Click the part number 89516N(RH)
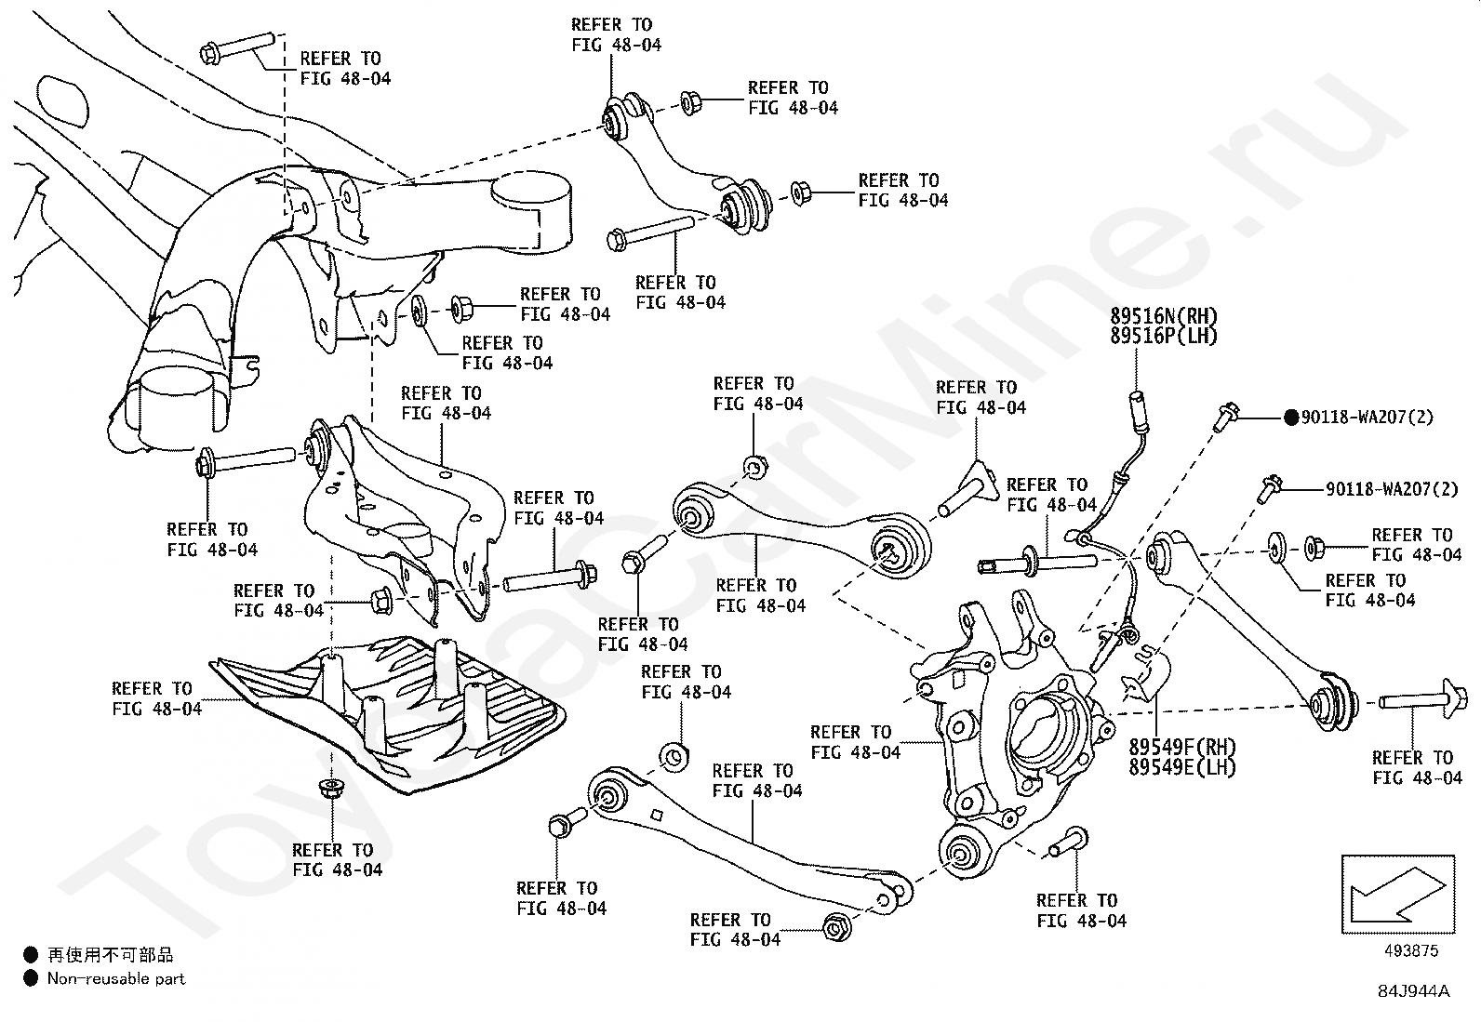(x=1164, y=316)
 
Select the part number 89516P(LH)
(x=1164, y=336)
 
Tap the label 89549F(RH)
(x=1182, y=747)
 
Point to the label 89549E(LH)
(x=1182, y=767)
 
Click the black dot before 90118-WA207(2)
(x=1291, y=418)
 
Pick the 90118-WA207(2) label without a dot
(x=1392, y=489)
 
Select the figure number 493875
(x=1411, y=950)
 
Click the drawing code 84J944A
(x=1414, y=991)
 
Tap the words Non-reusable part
(x=116, y=979)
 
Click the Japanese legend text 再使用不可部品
(x=111, y=954)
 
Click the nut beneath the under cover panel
(x=329, y=788)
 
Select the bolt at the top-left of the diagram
(x=237, y=48)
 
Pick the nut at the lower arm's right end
(x=837, y=927)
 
